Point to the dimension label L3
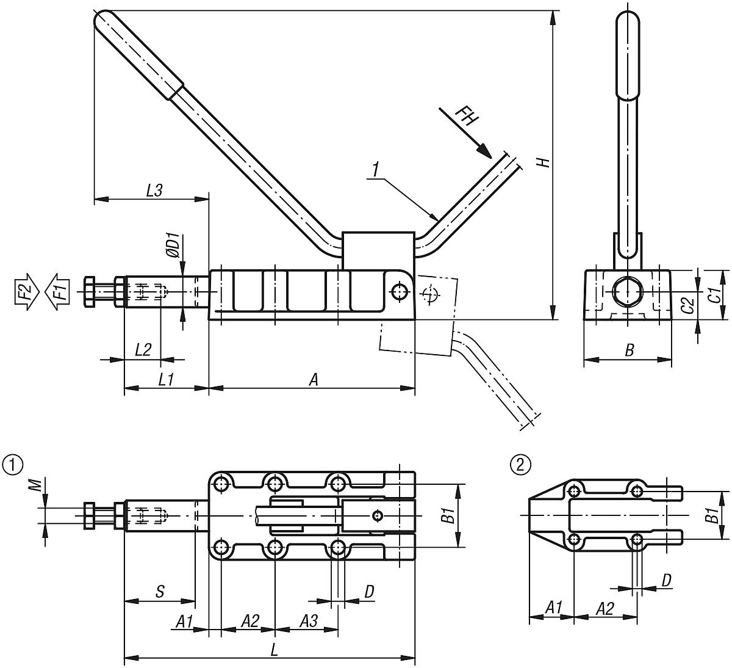(x=153, y=190)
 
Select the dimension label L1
(x=165, y=379)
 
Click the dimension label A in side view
(x=314, y=379)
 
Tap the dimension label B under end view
(x=629, y=350)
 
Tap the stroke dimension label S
(x=159, y=591)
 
